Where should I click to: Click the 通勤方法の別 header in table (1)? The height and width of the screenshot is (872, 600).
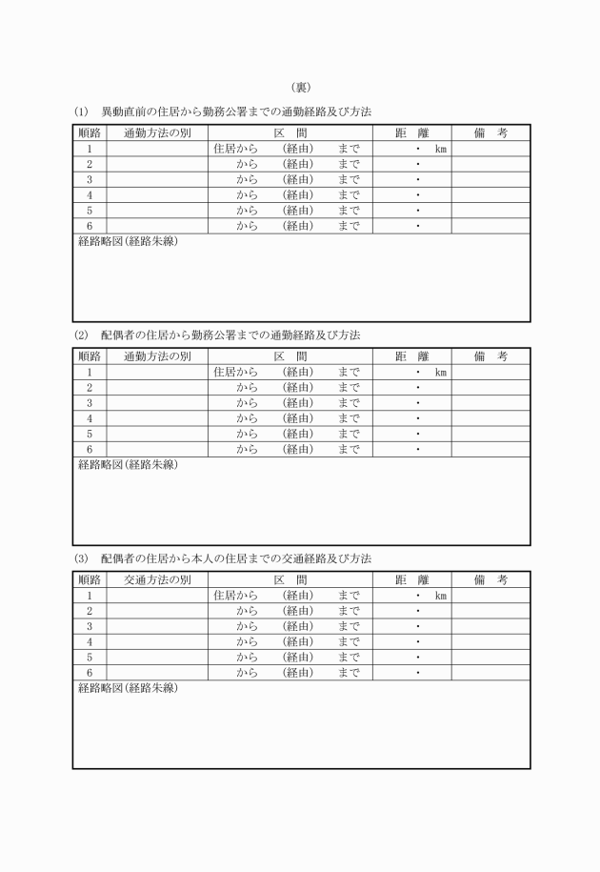tap(157, 133)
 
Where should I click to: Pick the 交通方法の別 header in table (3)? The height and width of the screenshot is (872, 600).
tap(157, 579)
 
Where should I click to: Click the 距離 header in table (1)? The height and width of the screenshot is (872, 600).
tap(412, 133)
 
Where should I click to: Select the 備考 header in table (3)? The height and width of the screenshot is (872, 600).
tap(490, 579)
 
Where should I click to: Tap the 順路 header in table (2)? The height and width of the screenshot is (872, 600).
tap(89, 356)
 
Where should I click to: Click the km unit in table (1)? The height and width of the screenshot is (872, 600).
tap(441, 150)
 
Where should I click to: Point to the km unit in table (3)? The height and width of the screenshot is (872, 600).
tap(441, 596)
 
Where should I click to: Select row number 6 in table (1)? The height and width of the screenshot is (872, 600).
tap(89, 226)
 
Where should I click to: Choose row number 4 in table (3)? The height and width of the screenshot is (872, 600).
tap(89, 641)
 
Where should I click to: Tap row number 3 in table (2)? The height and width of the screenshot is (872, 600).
tap(89, 403)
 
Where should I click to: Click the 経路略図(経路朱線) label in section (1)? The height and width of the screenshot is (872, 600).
tap(128, 242)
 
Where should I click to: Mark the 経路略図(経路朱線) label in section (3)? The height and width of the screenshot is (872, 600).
tap(128, 688)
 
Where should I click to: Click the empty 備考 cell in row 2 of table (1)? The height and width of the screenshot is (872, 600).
tap(490, 165)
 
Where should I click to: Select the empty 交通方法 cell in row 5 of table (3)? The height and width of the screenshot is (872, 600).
tap(157, 657)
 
